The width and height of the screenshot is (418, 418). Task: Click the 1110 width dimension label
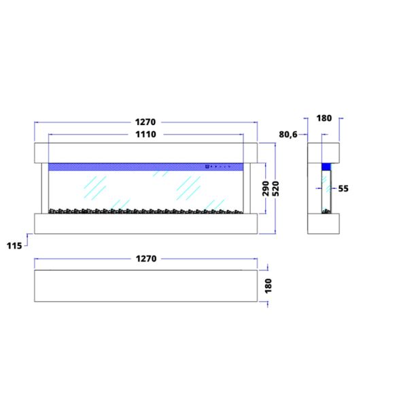[x=145, y=134]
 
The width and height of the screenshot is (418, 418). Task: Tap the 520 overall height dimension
[x=276, y=188]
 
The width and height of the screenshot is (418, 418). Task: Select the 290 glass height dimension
[x=266, y=188]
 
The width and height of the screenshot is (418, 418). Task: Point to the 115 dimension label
[x=14, y=245]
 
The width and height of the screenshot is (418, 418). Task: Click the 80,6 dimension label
[x=288, y=135]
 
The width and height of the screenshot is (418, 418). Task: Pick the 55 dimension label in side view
[x=343, y=188]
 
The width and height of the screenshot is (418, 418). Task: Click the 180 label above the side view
[x=324, y=118]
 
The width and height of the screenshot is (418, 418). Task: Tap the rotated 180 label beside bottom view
[x=268, y=285]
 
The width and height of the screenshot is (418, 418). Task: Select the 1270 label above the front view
[x=145, y=122]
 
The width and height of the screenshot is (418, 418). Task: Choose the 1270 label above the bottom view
[x=146, y=258]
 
